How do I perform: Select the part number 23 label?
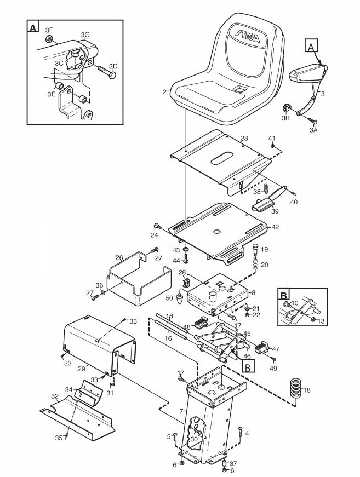pos(244,139)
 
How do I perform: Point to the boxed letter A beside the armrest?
pos(311,47)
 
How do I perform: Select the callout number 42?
pos(275,227)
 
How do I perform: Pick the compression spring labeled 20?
pos(255,263)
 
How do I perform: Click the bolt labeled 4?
pos(240,432)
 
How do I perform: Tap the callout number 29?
pos(81,369)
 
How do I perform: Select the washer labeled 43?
pos(185,250)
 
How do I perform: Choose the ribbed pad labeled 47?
pos(261,347)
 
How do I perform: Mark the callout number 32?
pos(55,396)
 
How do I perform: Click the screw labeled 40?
pos(294,194)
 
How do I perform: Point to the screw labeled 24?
pos(158,226)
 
